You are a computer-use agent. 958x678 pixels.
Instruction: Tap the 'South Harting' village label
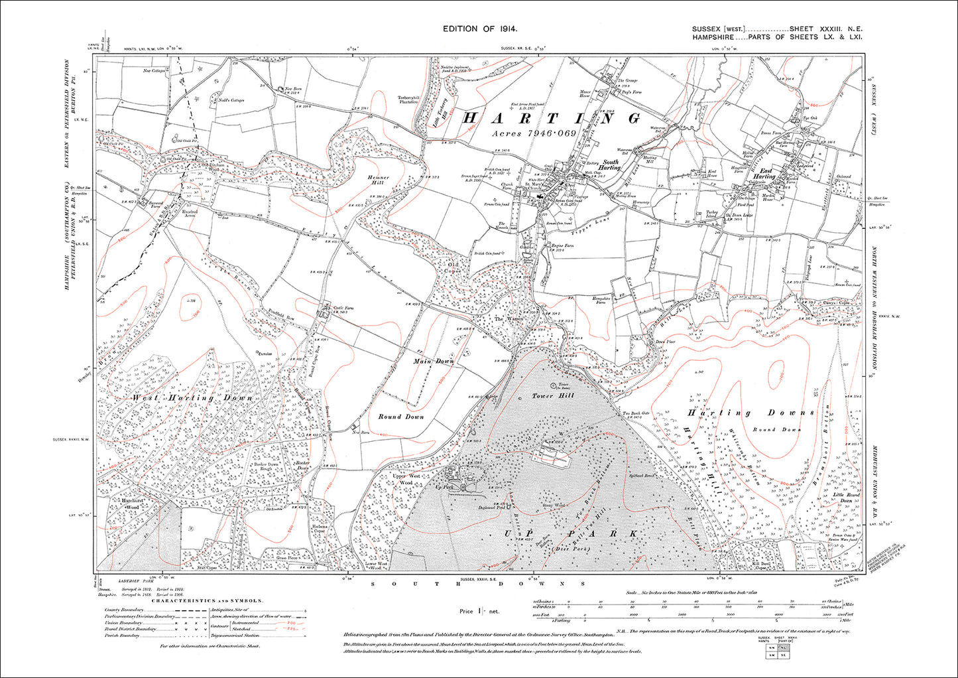click(x=610, y=165)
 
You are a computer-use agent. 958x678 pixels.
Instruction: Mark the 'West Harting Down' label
click(x=192, y=398)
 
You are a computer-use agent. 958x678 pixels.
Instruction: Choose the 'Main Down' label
click(x=434, y=362)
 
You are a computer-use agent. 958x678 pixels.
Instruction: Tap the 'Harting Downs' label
click(x=750, y=413)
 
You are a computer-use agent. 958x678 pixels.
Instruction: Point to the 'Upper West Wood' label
click(x=406, y=480)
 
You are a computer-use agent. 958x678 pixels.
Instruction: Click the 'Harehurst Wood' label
click(x=127, y=503)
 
